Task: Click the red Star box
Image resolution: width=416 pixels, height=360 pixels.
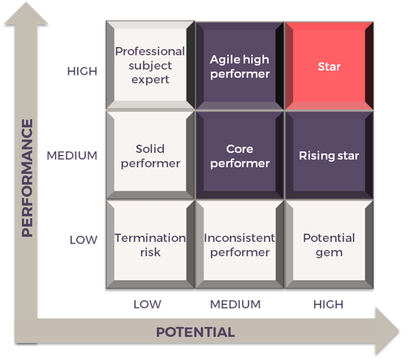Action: click(329, 66)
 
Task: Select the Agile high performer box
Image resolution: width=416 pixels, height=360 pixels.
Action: click(240, 66)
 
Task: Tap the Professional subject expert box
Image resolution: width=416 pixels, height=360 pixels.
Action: click(150, 65)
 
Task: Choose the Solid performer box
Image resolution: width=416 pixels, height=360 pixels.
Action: click(150, 155)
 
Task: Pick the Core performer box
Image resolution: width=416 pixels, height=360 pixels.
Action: click(240, 155)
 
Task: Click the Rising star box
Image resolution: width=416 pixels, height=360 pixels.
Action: click(329, 155)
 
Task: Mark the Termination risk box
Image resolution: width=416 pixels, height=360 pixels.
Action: click(150, 245)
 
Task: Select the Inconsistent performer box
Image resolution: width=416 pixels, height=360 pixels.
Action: click(240, 245)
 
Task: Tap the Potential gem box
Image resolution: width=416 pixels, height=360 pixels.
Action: click(329, 245)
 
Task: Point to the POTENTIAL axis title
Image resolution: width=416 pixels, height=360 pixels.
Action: click(195, 332)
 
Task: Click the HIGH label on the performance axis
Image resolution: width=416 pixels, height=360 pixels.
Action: click(82, 71)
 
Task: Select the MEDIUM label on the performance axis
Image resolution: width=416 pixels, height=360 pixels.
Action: click(72, 155)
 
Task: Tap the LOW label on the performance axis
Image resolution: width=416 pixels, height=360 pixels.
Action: click(83, 240)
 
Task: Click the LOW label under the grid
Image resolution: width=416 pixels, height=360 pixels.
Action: click(147, 304)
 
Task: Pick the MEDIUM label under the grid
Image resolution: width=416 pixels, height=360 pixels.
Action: click(235, 304)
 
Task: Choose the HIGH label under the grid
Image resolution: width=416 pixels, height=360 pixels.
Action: click(328, 304)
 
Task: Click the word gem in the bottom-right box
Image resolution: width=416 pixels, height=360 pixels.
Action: click(329, 252)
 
